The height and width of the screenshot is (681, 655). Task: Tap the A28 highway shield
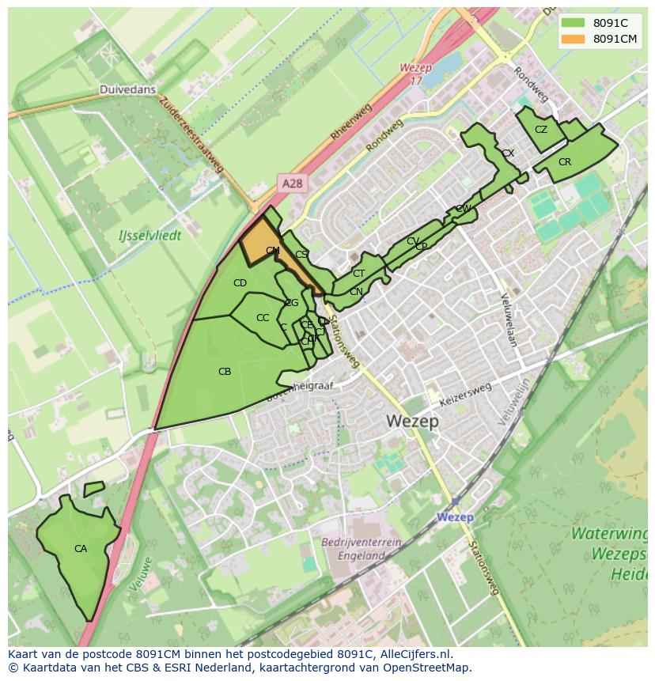[292, 183]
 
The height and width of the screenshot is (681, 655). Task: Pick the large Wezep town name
[413, 421]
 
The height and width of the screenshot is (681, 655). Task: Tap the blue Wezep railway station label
[455, 517]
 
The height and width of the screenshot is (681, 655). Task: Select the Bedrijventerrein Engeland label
[362, 549]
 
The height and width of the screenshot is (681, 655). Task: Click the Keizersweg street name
[466, 394]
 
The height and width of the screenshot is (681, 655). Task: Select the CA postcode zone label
[80, 548]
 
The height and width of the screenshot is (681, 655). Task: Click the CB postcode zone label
[224, 371]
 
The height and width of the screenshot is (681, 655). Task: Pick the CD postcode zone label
[240, 283]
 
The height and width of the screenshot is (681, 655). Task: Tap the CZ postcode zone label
[541, 130]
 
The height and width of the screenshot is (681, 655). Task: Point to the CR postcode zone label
[564, 162]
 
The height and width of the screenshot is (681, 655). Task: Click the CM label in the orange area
[272, 251]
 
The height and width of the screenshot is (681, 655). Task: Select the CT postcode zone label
[358, 274]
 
